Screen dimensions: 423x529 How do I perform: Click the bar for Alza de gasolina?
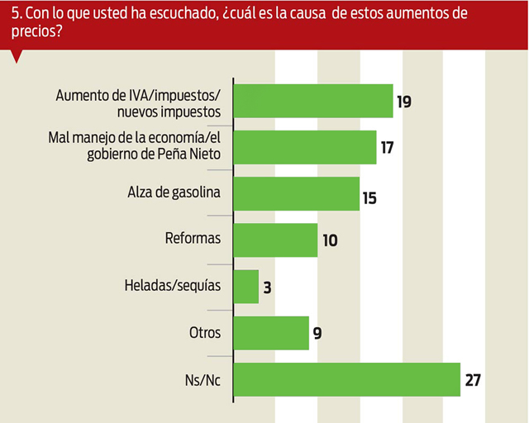coord(297,194)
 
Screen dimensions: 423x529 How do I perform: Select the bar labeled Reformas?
coord(276,240)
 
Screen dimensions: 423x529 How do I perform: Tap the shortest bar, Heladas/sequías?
coord(246,287)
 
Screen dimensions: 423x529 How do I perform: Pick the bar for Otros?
coord(271,333)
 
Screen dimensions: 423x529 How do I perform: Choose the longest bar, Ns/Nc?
coord(347,379)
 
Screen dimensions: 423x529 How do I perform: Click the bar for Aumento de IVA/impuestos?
coord(313,102)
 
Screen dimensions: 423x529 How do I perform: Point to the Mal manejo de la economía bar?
coord(305,148)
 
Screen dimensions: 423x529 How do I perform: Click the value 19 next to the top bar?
coord(403,102)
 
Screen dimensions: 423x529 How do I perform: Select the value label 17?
coord(387,149)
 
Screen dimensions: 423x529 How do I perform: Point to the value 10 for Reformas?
coord(329,241)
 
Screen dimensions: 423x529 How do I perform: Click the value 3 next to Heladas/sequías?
coord(268,288)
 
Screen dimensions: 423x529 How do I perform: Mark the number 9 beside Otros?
coord(317,334)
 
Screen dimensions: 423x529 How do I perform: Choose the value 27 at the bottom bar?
coord(472,380)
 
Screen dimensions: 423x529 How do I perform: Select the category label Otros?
coord(205,334)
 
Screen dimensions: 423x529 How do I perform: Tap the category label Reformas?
coord(193,240)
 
